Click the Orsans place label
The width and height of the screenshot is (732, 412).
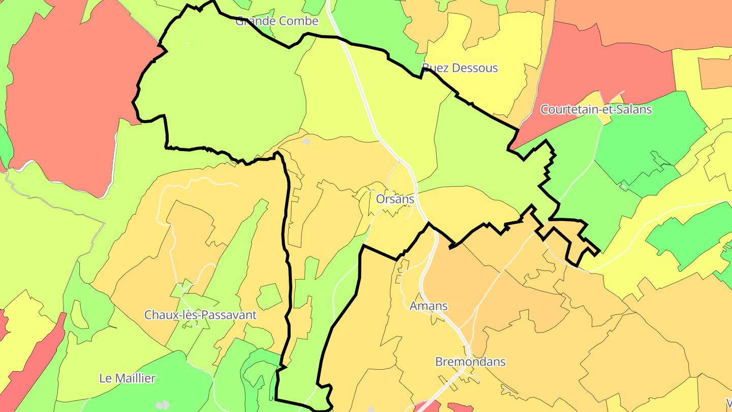pyautogui.click(x=395, y=199)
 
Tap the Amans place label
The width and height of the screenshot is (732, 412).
pyautogui.click(x=429, y=306)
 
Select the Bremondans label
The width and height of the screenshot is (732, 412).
pyautogui.click(x=470, y=362)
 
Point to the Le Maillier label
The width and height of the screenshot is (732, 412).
pyautogui.click(x=127, y=378)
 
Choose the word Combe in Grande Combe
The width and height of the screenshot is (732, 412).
pyautogui.click(x=299, y=21)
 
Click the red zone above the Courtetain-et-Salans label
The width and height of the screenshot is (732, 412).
pyautogui.click(x=605, y=66)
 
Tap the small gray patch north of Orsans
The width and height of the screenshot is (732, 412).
pyautogui.click(x=306, y=141)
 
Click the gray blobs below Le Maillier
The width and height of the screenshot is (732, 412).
pyautogui.click(x=163, y=405)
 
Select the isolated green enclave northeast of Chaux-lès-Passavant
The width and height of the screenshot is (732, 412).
pyautogui.click(x=269, y=297)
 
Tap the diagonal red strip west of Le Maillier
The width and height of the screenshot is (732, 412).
pyautogui.click(x=36, y=366)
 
